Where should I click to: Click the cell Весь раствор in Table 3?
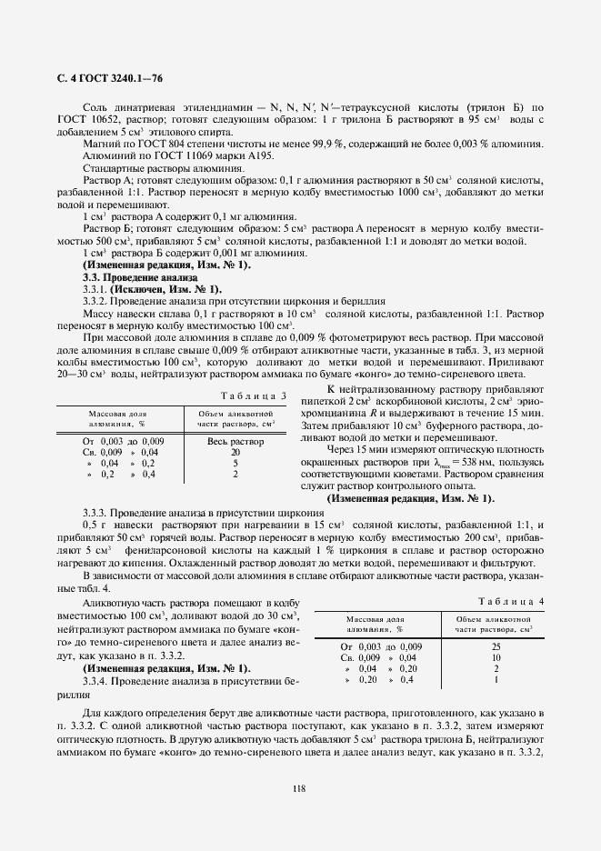pos(235,441)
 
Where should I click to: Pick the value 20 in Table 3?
pos(235,452)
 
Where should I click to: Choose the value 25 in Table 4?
pos(496,646)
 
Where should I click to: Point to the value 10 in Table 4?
pos(496,656)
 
